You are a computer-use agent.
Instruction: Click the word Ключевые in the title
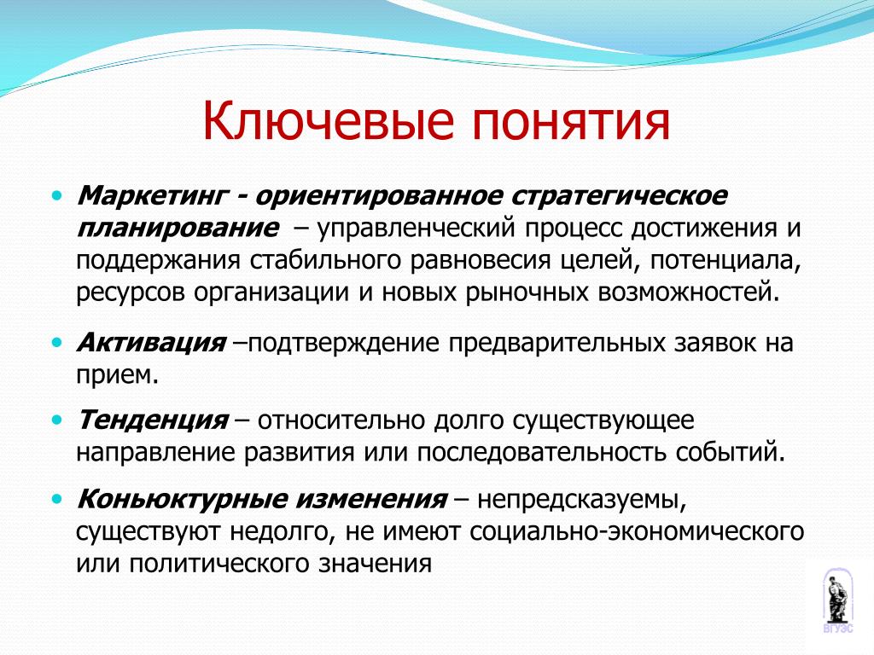(x=329, y=121)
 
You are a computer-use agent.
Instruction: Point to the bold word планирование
(x=178, y=229)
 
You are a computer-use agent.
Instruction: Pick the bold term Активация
(x=151, y=343)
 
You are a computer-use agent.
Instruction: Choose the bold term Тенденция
(x=153, y=420)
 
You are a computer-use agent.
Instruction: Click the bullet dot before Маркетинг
(x=57, y=196)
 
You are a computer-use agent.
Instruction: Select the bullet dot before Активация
(x=57, y=342)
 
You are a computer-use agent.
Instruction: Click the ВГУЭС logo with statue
(x=838, y=600)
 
